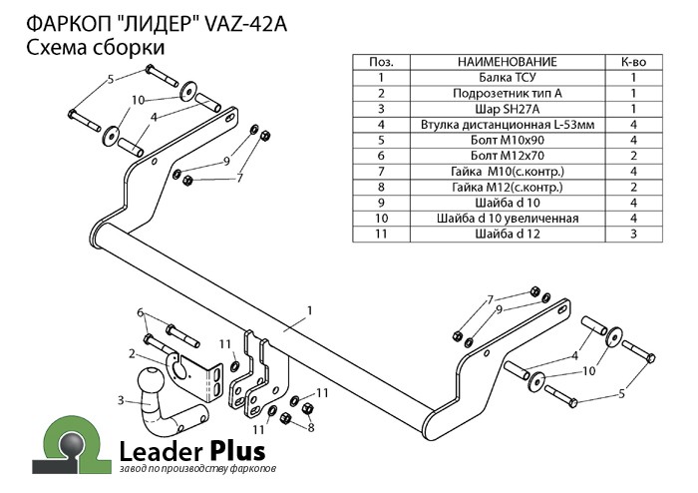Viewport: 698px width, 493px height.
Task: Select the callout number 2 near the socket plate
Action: (132, 352)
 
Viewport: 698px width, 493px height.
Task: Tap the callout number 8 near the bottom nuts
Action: (310, 427)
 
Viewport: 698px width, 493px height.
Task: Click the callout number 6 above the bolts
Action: (141, 312)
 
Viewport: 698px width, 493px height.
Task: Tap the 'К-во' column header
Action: (633, 62)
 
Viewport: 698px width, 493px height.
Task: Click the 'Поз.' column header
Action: (381, 62)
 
